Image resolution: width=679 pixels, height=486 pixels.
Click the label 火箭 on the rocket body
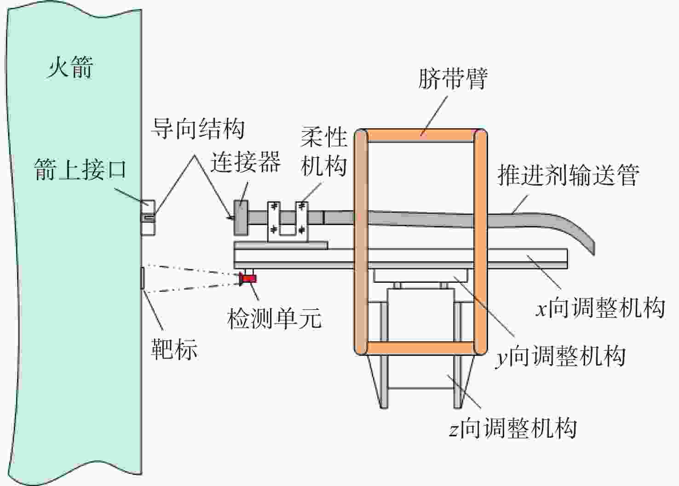[70, 67]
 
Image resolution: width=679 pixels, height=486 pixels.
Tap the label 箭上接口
[80, 170]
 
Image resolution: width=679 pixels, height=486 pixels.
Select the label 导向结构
[198, 129]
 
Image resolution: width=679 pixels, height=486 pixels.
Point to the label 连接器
[246, 162]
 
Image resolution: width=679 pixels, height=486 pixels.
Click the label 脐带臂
[453, 79]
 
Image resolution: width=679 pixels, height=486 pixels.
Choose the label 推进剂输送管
[569, 175]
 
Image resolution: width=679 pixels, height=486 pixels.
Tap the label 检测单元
[274, 319]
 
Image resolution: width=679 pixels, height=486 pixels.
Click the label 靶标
[174, 349]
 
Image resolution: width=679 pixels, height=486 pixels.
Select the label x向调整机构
[600, 308]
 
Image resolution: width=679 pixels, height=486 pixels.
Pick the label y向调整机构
[560, 357]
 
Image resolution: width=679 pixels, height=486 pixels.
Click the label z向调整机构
[512, 428]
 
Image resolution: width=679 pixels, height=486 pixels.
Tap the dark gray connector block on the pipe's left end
[241, 218]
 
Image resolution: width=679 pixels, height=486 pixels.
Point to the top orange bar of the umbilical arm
[420, 136]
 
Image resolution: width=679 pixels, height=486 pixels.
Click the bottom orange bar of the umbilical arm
[420, 348]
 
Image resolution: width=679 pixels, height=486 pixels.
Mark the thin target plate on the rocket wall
[142, 278]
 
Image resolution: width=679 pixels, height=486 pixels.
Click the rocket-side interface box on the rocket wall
[148, 218]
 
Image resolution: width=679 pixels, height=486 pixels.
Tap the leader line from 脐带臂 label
[434, 115]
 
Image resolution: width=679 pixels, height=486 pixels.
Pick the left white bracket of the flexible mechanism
[274, 222]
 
